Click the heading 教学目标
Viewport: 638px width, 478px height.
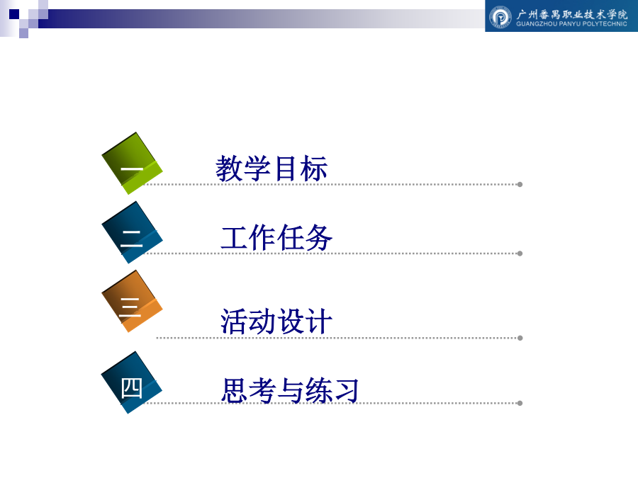pos(272,169)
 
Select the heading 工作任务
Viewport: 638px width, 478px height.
pos(276,238)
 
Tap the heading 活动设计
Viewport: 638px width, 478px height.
pos(276,321)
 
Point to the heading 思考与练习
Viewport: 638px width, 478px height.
pos(290,390)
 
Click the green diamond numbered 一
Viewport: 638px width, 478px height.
pos(132,164)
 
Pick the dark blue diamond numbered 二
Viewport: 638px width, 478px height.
pos(132,232)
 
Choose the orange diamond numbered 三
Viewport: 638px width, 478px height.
pos(132,301)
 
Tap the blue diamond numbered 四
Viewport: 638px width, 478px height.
pos(132,382)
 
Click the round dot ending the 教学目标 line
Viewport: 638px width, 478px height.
pos(520,185)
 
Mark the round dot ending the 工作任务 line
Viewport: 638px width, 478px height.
pos(520,254)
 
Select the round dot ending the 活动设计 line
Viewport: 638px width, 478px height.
pos(520,338)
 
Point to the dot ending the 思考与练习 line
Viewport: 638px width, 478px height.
pos(520,403)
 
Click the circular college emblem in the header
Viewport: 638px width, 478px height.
pos(500,17)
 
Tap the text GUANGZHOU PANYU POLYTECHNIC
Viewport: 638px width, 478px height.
pos(571,24)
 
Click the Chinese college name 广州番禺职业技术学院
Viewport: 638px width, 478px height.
pos(572,14)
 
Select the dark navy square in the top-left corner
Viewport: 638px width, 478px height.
pos(14,14)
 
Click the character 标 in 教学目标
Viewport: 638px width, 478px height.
pos(314,169)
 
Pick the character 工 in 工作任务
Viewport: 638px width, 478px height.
pos(235,238)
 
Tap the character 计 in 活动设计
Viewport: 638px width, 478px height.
pos(319,321)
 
